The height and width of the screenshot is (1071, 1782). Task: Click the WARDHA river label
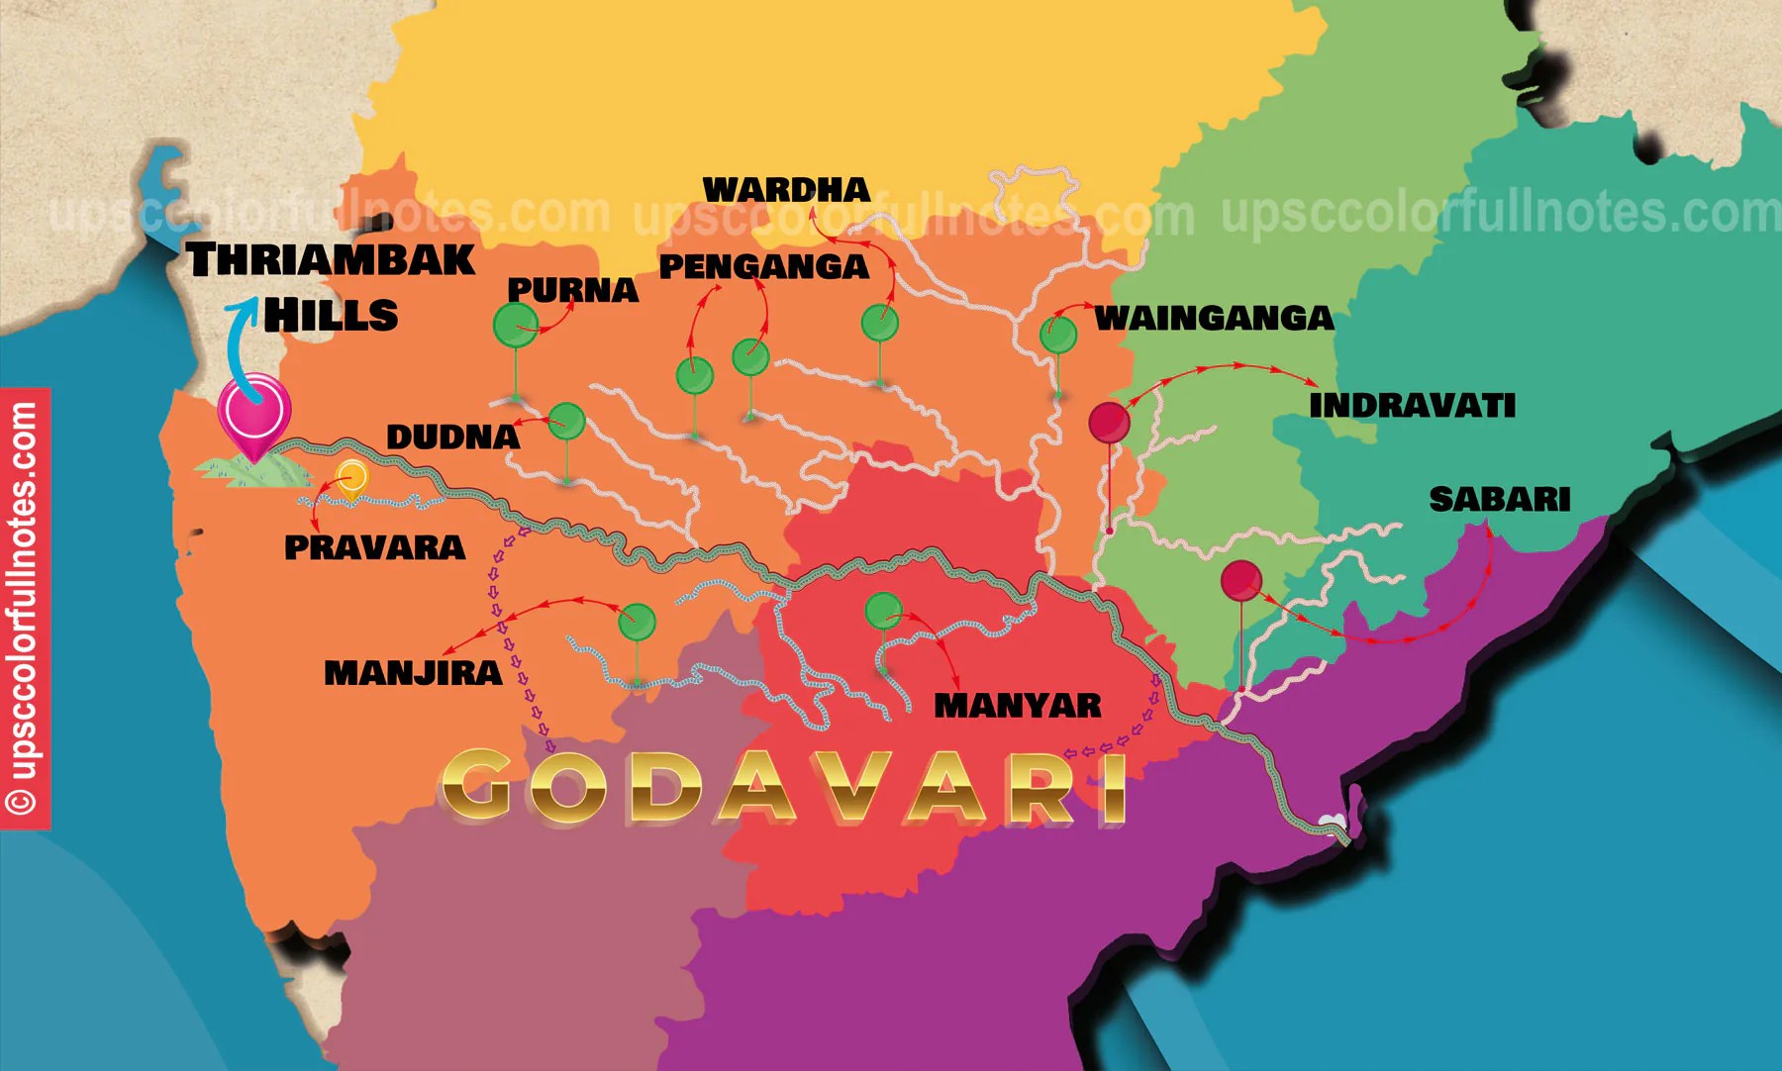tap(786, 189)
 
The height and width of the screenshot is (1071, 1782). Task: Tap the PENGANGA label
tap(763, 266)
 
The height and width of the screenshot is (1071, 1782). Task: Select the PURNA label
tap(572, 290)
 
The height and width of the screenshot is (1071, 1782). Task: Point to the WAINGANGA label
tap(1214, 318)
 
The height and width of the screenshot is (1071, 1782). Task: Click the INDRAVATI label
tap(1412, 405)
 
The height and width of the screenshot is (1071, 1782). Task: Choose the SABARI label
tap(1499, 499)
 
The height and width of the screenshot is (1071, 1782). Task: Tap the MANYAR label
tap(1017, 706)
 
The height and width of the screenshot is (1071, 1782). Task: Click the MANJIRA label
tap(413, 673)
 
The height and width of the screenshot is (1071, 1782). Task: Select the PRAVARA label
tap(374, 547)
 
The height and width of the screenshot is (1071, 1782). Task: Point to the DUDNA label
tap(452, 437)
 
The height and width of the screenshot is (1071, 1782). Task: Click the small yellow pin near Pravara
tap(351, 477)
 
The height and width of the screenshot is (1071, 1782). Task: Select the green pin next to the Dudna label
tap(566, 422)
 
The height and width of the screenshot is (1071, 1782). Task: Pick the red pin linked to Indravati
tap(1109, 423)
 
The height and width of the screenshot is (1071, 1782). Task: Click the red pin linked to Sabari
tap(1240, 580)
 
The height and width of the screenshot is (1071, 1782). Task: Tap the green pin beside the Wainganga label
tap(1057, 335)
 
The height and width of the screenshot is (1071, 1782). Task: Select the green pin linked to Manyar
tap(883, 611)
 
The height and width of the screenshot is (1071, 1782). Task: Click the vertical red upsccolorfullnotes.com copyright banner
tap(25, 608)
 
